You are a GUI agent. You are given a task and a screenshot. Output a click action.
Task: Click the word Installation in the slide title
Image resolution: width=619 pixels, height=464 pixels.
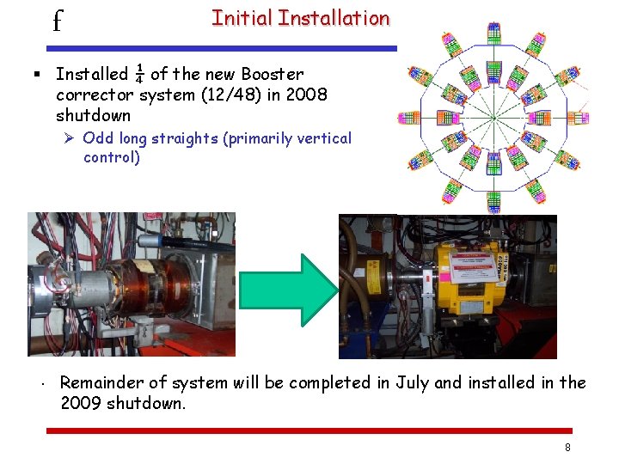coord(334,18)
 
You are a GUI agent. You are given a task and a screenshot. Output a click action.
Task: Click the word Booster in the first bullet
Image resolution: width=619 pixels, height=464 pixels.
coord(273,75)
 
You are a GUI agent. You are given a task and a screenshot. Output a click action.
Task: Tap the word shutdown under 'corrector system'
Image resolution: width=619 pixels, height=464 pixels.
coord(93,115)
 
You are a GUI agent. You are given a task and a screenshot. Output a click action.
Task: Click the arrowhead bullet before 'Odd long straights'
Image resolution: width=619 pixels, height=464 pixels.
coord(70,138)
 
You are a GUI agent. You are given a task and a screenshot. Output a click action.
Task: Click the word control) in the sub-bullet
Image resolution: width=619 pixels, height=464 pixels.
coord(112,157)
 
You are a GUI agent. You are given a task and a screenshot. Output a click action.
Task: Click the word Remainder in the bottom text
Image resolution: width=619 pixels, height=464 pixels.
coord(101,382)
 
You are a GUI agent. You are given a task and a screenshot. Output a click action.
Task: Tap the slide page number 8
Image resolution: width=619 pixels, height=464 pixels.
coord(567,448)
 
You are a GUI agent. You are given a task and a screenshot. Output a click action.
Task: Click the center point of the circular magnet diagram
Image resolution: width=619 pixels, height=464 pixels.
coord(493,117)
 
